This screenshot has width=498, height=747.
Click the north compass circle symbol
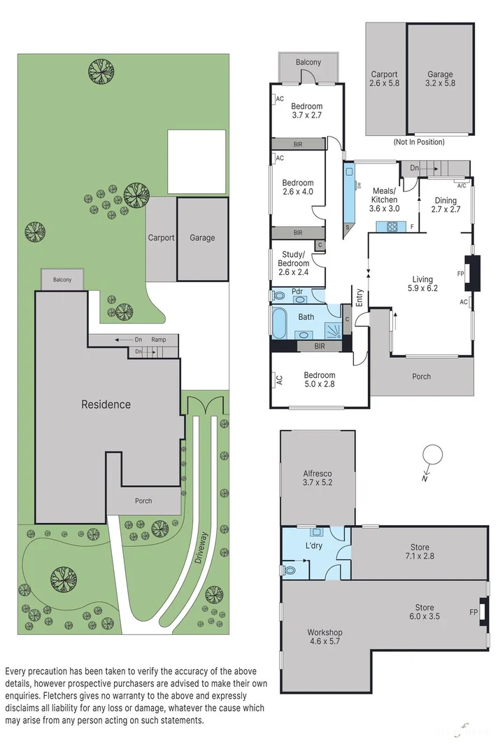pyautogui.click(x=434, y=454)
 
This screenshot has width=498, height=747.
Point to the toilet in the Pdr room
pyautogui.click(x=278, y=296)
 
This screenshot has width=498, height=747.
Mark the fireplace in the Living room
pyautogui.click(x=474, y=273)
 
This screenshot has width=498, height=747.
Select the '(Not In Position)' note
pyautogui.click(x=419, y=141)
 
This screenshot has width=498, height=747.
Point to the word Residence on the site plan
pyautogui.click(x=106, y=404)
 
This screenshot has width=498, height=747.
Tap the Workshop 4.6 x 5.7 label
pyautogui.click(x=325, y=637)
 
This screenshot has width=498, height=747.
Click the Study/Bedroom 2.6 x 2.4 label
pyautogui.click(x=293, y=258)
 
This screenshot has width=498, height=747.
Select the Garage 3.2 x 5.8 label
pyautogui.click(x=440, y=78)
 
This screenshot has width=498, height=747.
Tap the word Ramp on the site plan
pyautogui.click(x=159, y=340)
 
